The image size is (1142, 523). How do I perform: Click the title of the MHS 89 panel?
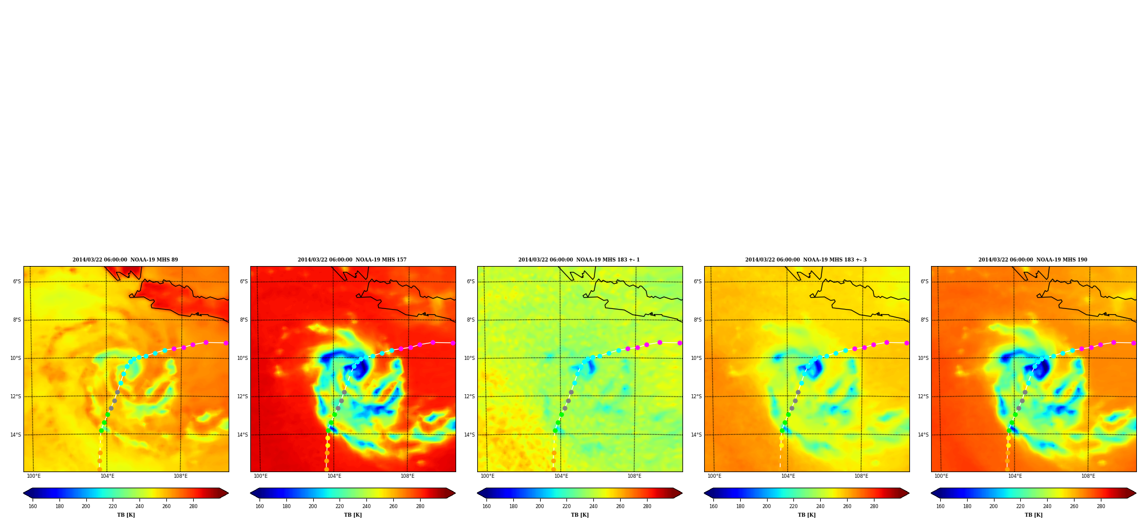(125, 260)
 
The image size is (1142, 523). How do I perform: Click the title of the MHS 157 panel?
(352, 260)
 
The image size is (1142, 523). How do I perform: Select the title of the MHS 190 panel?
(1033, 260)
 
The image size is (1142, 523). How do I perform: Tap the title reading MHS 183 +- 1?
(579, 260)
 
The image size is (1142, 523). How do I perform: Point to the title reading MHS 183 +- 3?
(806, 260)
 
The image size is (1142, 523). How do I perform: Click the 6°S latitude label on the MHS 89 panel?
(17, 282)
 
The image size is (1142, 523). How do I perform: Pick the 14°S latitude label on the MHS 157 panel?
(242, 435)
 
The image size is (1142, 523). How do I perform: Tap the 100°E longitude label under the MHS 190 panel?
(941, 476)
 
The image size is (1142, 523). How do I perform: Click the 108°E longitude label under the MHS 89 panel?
(181, 476)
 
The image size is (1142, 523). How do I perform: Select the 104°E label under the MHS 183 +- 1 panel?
(561, 476)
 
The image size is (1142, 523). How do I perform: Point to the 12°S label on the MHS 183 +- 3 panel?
(696, 397)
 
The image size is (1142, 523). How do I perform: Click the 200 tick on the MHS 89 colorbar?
(86, 506)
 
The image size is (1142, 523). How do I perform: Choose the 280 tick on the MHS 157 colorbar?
(420, 506)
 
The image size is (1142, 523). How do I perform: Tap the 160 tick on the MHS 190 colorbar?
(940, 506)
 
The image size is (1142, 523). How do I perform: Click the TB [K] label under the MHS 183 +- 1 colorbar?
(580, 515)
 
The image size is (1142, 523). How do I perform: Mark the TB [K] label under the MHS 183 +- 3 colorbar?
(806, 515)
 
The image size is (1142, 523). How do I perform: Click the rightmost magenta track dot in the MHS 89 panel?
(226, 343)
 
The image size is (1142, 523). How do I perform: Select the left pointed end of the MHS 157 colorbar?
(251, 493)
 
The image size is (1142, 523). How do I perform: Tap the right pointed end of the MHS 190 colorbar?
(1135, 493)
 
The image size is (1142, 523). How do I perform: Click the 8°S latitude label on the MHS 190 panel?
(924, 320)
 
